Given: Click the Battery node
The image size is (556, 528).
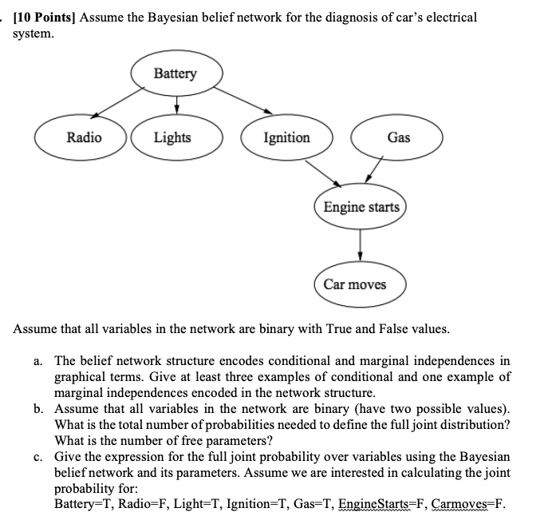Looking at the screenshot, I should [x=175, y=74].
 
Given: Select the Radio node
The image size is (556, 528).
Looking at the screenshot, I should [x=84, y=137].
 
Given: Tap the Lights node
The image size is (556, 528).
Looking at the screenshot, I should [x=172, y=137].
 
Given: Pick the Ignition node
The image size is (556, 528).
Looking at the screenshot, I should [x=286, y=137].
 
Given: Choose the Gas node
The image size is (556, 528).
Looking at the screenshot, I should [x=398, y=137].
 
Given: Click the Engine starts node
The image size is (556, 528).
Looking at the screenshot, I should [x=361, y=208].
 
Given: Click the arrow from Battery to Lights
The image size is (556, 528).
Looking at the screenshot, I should [x=175, y=105].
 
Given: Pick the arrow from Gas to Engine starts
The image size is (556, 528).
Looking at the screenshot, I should [x=373, y=173].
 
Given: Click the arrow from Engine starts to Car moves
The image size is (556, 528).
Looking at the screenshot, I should [x=361, y=244].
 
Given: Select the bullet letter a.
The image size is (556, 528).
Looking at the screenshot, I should [x=38, y=362].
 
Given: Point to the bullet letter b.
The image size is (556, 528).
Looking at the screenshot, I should [x=38, y=408].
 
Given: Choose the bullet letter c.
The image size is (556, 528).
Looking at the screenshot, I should [x=38, y=456].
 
